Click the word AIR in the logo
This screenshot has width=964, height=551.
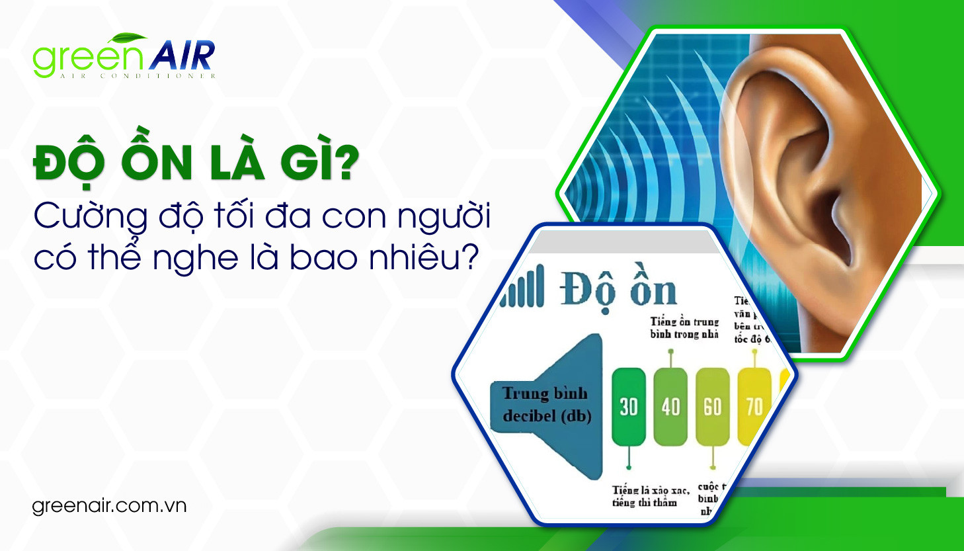(x=182, y=56)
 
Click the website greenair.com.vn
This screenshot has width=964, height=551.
(x=109, y=506)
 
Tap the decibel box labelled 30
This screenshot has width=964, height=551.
(x=629, y=406)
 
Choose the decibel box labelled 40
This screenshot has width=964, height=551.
(x=670, y=406)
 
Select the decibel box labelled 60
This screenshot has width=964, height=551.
(x=712, y=406)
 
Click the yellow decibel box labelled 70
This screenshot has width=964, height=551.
(x=754, y=406)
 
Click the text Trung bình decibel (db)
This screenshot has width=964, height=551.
(x=546, y=404)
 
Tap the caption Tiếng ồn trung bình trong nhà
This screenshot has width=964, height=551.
(x=684, y=327)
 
